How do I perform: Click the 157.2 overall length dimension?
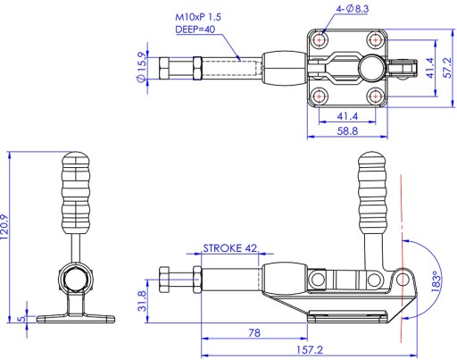(x=310, y=349)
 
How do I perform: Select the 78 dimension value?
(x=254, y=332)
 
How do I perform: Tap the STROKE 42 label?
(x=229, y=248)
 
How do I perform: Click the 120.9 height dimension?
(x=4, y=227)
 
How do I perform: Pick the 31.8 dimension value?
(x=142, y=301)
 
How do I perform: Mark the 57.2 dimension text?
(x=447, y=68)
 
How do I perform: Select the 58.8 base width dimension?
(x=347, y=130)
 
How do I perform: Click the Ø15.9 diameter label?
(x=142, y=67)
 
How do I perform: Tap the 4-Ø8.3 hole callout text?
(x=353, y=9)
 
